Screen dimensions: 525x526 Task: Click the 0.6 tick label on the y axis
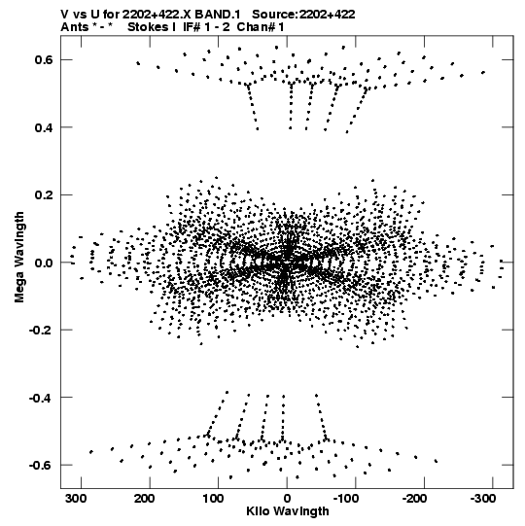coord(44,59)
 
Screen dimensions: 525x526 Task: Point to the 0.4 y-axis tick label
coord(44,127)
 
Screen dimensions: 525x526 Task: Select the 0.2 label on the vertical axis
coord(44,194)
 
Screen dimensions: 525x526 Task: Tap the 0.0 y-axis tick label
coord(44,263)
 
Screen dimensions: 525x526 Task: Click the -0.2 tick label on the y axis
coord(41,331)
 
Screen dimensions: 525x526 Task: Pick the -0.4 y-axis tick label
coord(41,398)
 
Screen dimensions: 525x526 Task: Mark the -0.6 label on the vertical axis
coord(41,466)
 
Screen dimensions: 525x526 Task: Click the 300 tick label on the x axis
coord(76,499)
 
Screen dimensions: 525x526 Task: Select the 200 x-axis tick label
coord(145,499)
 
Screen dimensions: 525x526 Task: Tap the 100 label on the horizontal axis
coord(213,499)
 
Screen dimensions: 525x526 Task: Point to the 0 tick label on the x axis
coord(287,499)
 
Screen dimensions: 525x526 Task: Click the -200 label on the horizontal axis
coord(415,499)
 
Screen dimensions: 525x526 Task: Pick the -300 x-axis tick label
coord(484,499)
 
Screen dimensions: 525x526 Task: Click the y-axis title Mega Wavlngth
coord(19,258)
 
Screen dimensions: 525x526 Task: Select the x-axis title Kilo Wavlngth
coord(288,511)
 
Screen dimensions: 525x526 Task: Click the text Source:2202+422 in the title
coord(303,15)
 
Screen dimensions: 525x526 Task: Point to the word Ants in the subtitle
coord(75,27)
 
